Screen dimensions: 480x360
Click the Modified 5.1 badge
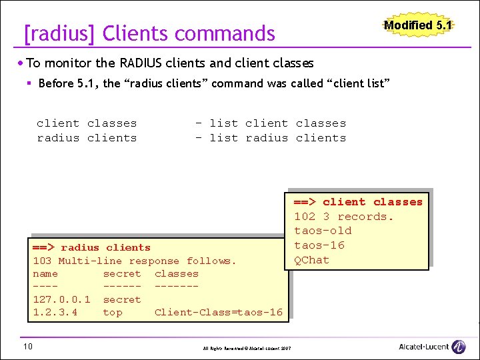418,25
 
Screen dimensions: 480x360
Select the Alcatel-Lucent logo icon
459,347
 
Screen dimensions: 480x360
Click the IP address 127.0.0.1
61,299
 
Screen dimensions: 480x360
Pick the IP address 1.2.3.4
55,312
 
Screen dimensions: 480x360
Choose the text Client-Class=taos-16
218,312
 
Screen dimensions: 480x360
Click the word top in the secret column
112,312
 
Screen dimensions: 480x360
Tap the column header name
45,273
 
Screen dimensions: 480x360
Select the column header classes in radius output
176,273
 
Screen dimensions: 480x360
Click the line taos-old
323,231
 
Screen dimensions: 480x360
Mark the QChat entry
311,259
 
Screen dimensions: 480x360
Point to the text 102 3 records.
344,216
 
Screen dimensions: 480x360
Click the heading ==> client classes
358,202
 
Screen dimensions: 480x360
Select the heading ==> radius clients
91,247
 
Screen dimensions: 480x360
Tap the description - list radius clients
270,138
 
